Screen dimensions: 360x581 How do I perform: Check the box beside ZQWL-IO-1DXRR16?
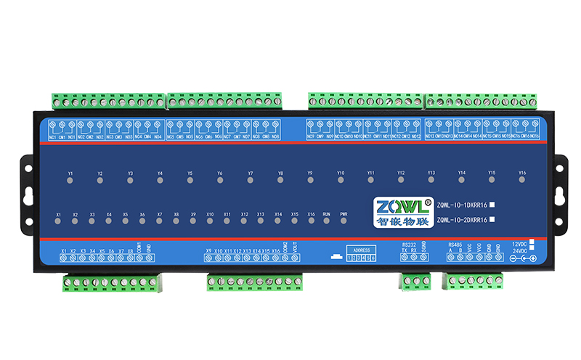coord(492,204)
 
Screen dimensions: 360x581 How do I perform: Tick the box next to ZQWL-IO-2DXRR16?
coord(492,218)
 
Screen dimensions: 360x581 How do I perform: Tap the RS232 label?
coord(409,245)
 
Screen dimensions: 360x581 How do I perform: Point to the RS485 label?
coord(455,245)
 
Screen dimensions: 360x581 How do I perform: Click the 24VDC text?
coord(519,250)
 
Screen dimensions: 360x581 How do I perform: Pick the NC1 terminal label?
coord(52,136)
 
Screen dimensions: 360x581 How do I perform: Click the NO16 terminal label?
coord(535,136)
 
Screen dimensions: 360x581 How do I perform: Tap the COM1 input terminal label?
coord(139,247)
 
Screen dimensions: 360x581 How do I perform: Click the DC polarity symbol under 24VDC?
coord(523,259)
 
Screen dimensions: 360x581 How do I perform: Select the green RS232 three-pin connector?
coord(415,281)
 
